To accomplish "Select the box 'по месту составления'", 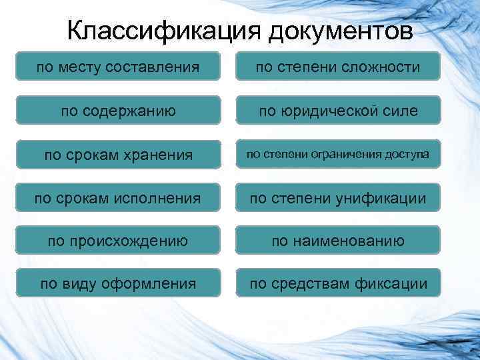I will (118, 67).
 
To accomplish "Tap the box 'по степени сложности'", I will (338, 67).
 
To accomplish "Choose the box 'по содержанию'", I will (118, 110).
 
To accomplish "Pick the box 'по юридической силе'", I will (338, 110).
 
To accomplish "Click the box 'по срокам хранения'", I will (118, 155).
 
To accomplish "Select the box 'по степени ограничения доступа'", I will (338, 155).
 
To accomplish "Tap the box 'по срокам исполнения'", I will (118, 197).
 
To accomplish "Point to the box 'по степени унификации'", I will (338, 197).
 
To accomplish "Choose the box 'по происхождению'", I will (118, 241).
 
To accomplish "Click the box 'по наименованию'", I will (338, 241).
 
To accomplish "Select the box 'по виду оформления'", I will (118, 284).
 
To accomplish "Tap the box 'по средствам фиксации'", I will (338, 284).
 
